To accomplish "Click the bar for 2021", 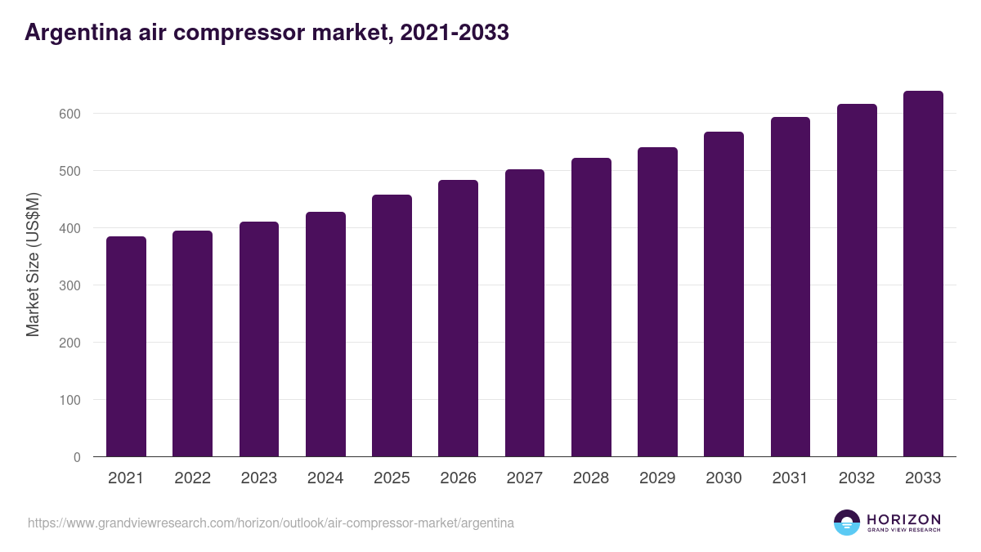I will tap(126, 347).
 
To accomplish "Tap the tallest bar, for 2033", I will tap(923, 274).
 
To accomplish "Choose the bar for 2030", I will tap(723, 294).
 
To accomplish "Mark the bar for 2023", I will tap(259, 339).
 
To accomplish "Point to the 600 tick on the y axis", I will tap(71, 114).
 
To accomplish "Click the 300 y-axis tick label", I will tap(71, 285).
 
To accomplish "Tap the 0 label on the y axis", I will tap(77, 457).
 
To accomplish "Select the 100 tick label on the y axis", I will tap(71, 400).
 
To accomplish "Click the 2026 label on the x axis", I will tap(458, 478).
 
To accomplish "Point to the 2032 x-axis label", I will tap(857, 478).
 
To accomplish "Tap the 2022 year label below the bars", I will tap(192, 478).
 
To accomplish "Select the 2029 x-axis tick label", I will tap(657, 478).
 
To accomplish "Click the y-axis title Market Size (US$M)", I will tap(33, 263).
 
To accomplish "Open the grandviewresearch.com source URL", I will tap(271, 523).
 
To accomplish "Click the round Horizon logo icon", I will tap(846, 523).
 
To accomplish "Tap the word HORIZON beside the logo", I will tap(903, 518).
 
